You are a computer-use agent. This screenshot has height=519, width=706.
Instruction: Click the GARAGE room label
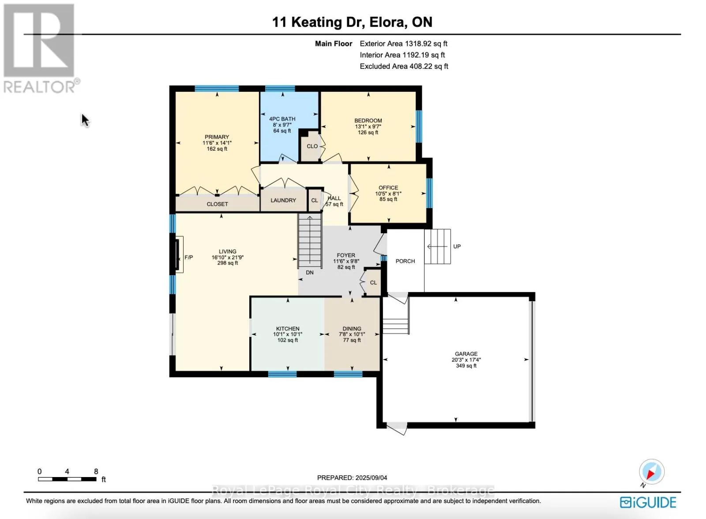(466, 354)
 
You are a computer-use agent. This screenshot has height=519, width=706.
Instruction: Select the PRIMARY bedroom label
(217, 137)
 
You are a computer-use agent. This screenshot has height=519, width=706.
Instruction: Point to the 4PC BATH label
(282, 119)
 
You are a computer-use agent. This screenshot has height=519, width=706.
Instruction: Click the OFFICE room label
(388, 188)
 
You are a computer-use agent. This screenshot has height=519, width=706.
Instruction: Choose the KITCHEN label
(288, 329)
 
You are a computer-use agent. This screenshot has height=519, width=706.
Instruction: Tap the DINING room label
(352, 329)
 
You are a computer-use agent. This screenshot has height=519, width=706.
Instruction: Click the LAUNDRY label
(283, 201)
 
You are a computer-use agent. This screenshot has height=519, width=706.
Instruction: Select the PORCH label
(406, 261)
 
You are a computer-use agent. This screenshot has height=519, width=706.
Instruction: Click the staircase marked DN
(310, 241)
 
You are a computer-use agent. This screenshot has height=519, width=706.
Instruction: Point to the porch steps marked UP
(437, 246)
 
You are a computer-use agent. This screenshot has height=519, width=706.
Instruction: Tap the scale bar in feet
(67, 479)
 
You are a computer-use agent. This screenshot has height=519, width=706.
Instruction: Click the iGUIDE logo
(648, 502)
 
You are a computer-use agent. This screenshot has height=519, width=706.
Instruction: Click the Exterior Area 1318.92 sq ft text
(403, 44)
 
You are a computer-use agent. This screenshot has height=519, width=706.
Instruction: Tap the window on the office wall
(429, 193)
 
